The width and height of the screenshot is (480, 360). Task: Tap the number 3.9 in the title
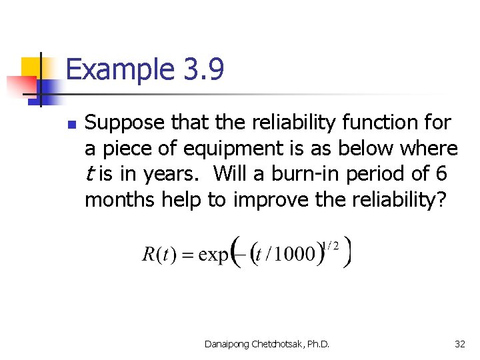click(201, 69)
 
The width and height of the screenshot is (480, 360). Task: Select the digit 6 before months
click(440, 173)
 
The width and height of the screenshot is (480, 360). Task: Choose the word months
click(119, 199)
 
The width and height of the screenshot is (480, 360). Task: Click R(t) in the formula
click(159, 255)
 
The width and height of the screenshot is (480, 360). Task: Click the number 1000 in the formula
click(294, 254)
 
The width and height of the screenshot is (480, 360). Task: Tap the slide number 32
click(459, 344)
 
